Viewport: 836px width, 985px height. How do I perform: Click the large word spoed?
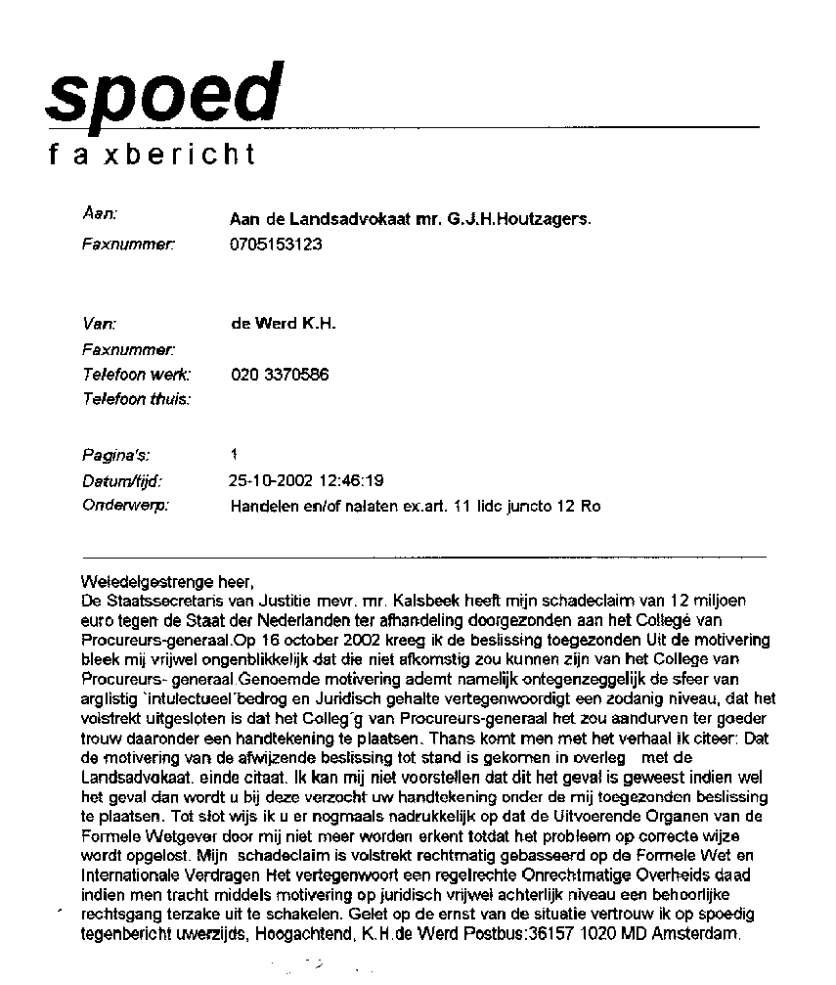(x=164, y=92)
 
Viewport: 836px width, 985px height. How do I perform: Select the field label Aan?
(x=100, y=212)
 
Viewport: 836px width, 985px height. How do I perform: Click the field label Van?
(x=100, y=322)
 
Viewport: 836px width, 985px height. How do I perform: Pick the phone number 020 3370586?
(x=280, y=375)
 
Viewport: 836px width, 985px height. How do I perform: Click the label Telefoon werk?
(x=137, y=375)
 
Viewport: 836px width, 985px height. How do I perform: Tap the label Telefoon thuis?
(x=137, y=399)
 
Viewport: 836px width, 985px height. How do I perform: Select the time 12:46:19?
(x=348, y=480)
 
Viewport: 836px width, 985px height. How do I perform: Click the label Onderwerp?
(x=126, y=506)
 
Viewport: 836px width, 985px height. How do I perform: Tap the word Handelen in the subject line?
(x=260, y=507)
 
